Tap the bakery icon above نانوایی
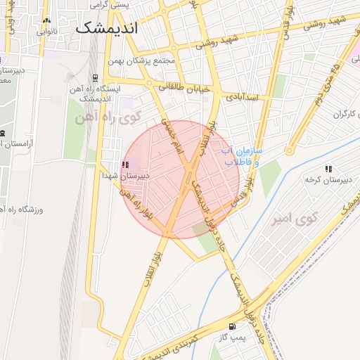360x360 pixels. [x=46, y=21]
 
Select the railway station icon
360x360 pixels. [x=95, y=78]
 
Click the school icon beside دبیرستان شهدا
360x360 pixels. [x=126, y=165]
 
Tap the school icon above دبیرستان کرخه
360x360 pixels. [x=328, y=169]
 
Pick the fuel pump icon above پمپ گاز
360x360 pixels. [x=233, y=326]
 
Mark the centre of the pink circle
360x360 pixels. [x=181, y=179]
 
